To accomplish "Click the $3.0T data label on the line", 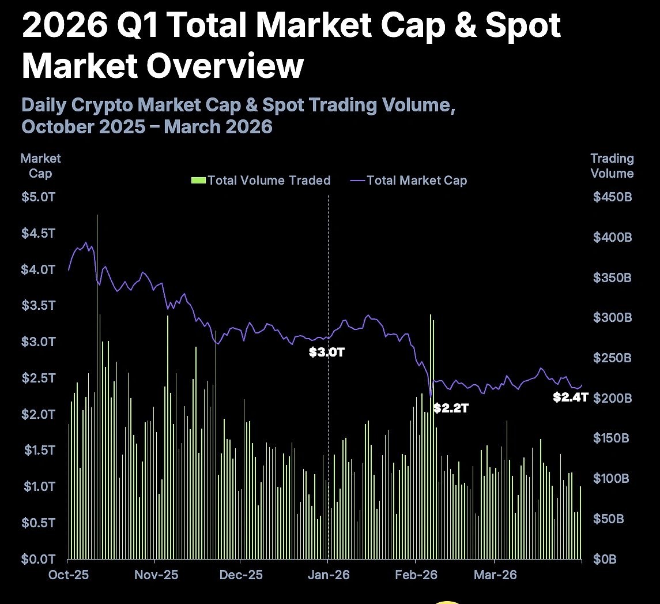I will point(327,352).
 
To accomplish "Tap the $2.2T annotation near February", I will point(451,408).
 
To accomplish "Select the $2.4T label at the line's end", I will point(570,397).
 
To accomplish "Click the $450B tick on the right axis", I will point(612,197).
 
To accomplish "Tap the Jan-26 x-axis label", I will point(329,575).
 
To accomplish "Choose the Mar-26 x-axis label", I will point(495,575).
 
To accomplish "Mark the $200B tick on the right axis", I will point(612,398).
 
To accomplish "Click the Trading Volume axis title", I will point(612,166).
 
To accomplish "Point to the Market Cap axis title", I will point(40,166).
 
